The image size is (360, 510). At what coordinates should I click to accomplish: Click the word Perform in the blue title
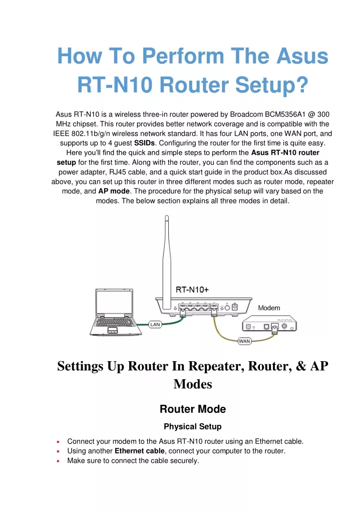coord(183,56)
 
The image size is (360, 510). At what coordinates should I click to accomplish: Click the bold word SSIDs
coord(144,143)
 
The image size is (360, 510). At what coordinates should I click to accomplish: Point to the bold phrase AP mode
coord(114,191)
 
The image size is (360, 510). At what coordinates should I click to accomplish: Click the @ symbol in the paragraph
coord(311,115)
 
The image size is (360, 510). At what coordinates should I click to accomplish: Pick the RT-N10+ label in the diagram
coord(192,290)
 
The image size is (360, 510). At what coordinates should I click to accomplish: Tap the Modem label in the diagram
coord(269,308)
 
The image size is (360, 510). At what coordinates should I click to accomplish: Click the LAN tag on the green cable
coord(155,324)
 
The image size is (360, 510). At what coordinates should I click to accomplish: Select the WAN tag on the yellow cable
coord(244,341)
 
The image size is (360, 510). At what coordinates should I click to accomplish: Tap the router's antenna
coord(167,262)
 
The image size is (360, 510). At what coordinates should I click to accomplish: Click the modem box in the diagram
coord(269,323)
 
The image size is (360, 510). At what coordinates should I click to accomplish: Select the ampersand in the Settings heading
coord(301,366)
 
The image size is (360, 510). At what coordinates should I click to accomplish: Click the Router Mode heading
coord(193,409)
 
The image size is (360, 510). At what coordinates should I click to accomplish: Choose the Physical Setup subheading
coord(193,426)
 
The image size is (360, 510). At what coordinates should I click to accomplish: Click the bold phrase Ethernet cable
coord(140,451)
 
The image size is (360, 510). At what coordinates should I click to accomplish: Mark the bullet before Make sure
coord(58,461)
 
